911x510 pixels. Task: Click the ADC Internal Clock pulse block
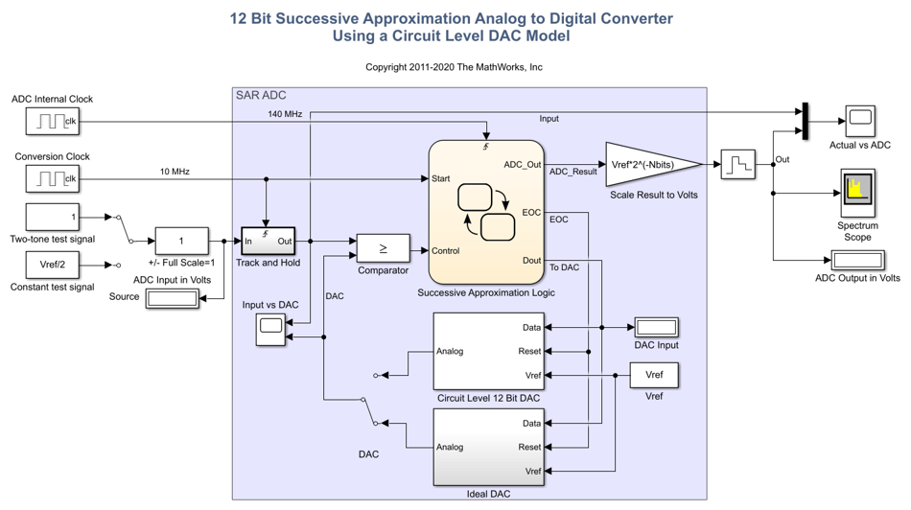point(53,121)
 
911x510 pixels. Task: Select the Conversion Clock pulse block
point(53,178)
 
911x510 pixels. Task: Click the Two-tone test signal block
point(53,217)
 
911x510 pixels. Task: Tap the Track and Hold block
point(268,241)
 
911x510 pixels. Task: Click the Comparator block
point(383,248)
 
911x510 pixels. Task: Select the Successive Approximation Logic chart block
point(486,212)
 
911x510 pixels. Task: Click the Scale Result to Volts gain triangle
point(652,164)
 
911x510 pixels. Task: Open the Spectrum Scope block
point(857,193)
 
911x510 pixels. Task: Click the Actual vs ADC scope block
point(859,121)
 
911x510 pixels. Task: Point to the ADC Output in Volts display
point(857,260)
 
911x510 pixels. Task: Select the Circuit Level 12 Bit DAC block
point(488,351)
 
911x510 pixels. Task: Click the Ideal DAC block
point(488,447)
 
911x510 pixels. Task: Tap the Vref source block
point(654,375)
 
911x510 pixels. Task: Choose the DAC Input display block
point(656,327)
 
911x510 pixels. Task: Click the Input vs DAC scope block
point(270,329)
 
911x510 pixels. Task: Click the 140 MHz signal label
point(285,114)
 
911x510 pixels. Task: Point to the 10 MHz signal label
point(175,172)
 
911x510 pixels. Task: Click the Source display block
point(172,297)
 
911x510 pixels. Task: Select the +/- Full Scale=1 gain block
point(181,241)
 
